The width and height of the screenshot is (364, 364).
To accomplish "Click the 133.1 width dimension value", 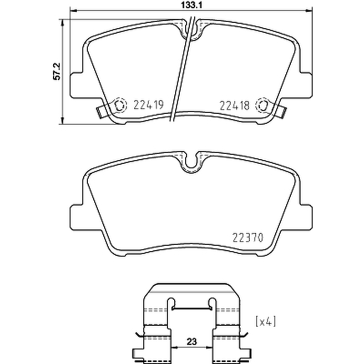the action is (192, 5).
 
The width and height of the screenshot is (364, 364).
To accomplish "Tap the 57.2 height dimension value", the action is (56, 71).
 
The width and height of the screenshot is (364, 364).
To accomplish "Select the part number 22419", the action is (149, 105).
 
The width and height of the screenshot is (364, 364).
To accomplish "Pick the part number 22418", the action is (234, 106).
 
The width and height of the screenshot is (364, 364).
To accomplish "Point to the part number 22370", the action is (248, 238).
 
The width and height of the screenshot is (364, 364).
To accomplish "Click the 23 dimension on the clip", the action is (192, 342).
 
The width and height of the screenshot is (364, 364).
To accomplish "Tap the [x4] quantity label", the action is (266, 322).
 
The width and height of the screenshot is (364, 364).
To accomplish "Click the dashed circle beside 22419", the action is (120, 106).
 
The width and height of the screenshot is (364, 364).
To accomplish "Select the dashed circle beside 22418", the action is (263, 106).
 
